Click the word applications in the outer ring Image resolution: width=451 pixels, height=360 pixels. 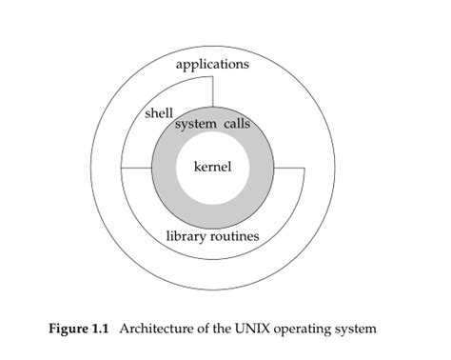pyautogui.click(x=213, y=65)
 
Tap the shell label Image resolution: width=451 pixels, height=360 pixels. pyautogui.click(x=159, y=113)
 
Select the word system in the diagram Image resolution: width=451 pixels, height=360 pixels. pyautogui.click(x=196, y=124)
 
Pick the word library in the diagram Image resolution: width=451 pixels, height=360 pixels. pyautogui.click(x=189, y=235)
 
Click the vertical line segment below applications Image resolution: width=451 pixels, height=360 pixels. pyautogui.click(x=213, y=91)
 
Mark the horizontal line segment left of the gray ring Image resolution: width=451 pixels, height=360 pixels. pyautogui.click(x=137, y=169)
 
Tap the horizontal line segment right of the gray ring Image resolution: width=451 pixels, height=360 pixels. pyautogui.click(x=288, y=169)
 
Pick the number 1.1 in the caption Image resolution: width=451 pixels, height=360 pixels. pyautogui.click(x=104, y=329)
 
